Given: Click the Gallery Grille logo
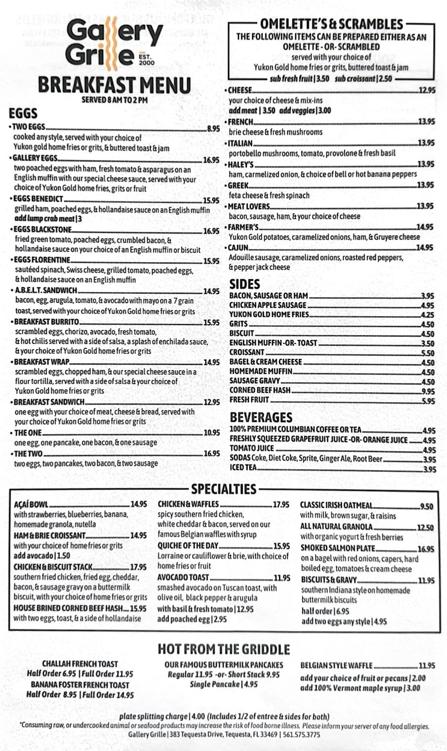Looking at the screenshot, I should click(x=114, y=43).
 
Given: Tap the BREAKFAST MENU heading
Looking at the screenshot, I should click(x=114, y=85).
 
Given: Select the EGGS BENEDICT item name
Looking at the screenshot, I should click(x=39, y=199).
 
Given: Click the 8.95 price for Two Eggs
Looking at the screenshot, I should click(x=213, y=128).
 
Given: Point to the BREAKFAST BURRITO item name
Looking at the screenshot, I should click(x=47, y=322).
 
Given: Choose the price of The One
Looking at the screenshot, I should click(x=212, y=433).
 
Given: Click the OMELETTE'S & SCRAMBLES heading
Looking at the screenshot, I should click(x=331, y=24).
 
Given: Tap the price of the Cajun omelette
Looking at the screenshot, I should click(x=425, y=247).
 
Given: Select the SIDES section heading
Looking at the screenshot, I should click(x=244, y=284).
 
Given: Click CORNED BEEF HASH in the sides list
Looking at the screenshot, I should click(x=260, y=390).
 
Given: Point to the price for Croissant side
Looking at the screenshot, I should click(x=428, y=353).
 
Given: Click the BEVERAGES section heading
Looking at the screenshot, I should click(x=261, y=417).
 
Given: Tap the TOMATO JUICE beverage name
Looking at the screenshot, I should click(x=251, y=448).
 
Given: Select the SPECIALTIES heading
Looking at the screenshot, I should click(x=224, y=489).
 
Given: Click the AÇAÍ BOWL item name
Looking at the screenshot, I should click(x=31, y=505).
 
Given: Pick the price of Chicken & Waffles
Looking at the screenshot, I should click(x=281, y=505).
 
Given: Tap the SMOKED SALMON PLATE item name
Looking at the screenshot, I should click(x=337, y=548).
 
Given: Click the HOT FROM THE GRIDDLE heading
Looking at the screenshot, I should click(x=224, y=649).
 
